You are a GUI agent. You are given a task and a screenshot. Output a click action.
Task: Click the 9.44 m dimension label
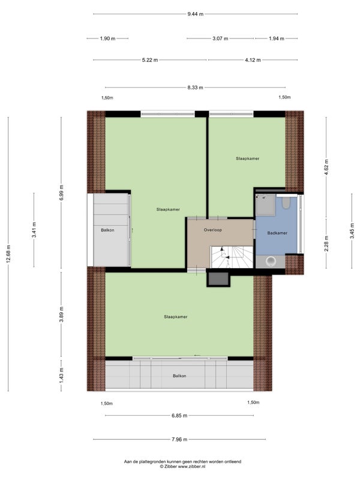click(196, 14)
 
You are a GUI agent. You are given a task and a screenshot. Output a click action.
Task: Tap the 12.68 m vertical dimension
click(8, 254)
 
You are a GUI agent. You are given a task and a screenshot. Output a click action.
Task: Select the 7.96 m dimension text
click(179, 439)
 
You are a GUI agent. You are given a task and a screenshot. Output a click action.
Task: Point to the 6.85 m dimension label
click(179, 415)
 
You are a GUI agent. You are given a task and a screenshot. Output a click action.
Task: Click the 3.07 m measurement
click(220, 38)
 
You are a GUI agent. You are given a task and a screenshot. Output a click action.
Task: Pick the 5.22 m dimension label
click(150, 60)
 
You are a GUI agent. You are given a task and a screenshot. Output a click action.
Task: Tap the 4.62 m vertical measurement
click(326, 167)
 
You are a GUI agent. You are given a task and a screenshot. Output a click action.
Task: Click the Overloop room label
click(213, 230)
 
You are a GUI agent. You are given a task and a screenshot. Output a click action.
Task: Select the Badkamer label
click(277, 233)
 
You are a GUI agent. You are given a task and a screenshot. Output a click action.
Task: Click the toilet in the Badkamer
click(286, 203)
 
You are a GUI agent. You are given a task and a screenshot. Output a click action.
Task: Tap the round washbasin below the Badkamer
click(271, 261)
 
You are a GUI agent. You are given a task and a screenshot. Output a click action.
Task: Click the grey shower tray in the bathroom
click(266, 205)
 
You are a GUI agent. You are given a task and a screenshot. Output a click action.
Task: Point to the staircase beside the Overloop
click(232, 257)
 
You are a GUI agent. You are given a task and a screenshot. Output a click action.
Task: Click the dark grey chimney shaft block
click(218, 279)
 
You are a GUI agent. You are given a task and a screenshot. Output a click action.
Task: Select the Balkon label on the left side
click(107, 230)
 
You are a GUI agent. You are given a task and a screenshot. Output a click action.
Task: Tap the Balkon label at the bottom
click(179, 376)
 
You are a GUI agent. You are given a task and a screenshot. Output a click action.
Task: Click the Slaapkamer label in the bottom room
click(175, 317)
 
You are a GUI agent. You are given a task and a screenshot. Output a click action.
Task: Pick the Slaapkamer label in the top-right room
click(248, 158)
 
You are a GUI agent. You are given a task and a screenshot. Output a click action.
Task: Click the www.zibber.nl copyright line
click(182, 467)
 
